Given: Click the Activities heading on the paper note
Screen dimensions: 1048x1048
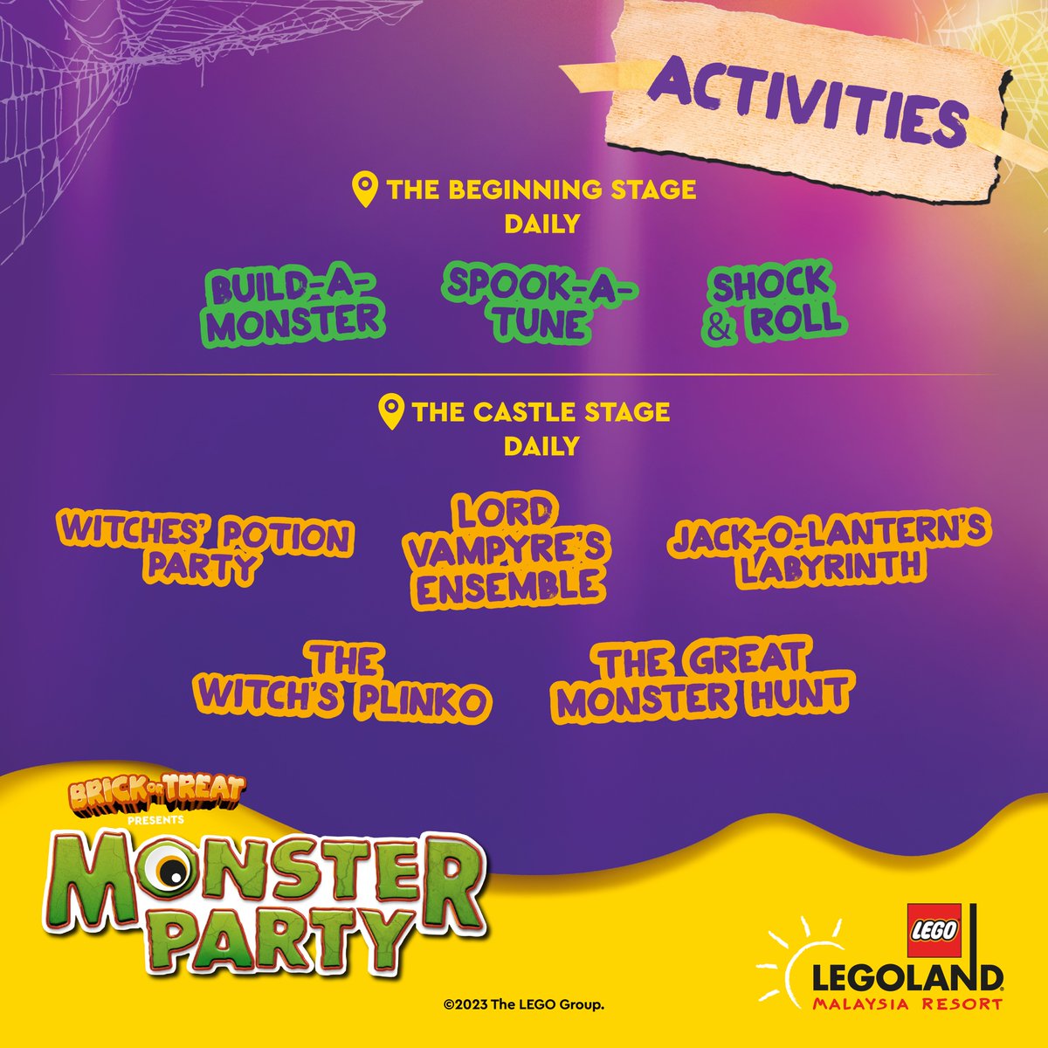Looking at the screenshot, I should [x=808, y=100].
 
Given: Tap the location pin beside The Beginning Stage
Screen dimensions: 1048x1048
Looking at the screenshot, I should [x=364, y=189].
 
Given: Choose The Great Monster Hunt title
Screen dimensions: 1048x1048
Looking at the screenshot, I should [x=704, y=681].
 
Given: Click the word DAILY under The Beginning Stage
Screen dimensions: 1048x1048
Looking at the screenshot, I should [x=541, y=224].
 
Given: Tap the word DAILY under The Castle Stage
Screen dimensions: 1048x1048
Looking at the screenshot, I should [x=541, y=446].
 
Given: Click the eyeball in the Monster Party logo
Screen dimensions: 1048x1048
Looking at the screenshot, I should [x=169, y=871].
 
